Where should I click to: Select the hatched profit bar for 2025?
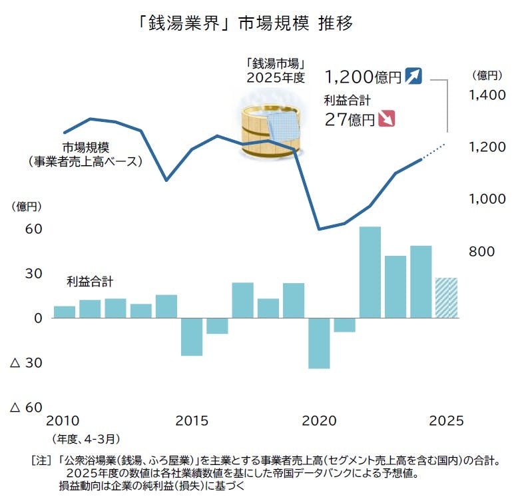click(x=446, y=298)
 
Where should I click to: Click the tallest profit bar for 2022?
click(x=370, y=272)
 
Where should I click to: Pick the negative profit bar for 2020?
click(x=319, y=343)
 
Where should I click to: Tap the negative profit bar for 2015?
click(x=192, y=337)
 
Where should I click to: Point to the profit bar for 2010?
click(x=64, y=312)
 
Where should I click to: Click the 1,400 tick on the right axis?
click(x=487, y=95)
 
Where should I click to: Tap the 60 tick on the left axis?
click(x=34, y=229)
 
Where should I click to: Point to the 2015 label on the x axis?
click(x=192, y=421)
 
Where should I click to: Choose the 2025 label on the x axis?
click(x=446, y=421)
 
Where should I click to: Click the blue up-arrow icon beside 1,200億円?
click(x=414, y=76)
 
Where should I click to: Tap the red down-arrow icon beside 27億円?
click(x=387, y=119)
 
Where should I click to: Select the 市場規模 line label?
click(x=86, y=147)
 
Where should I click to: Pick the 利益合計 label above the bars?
click(x=89, y=281)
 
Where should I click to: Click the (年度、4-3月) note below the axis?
click(x=85, y=439)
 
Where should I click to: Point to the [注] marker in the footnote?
click(x=41, y=460)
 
